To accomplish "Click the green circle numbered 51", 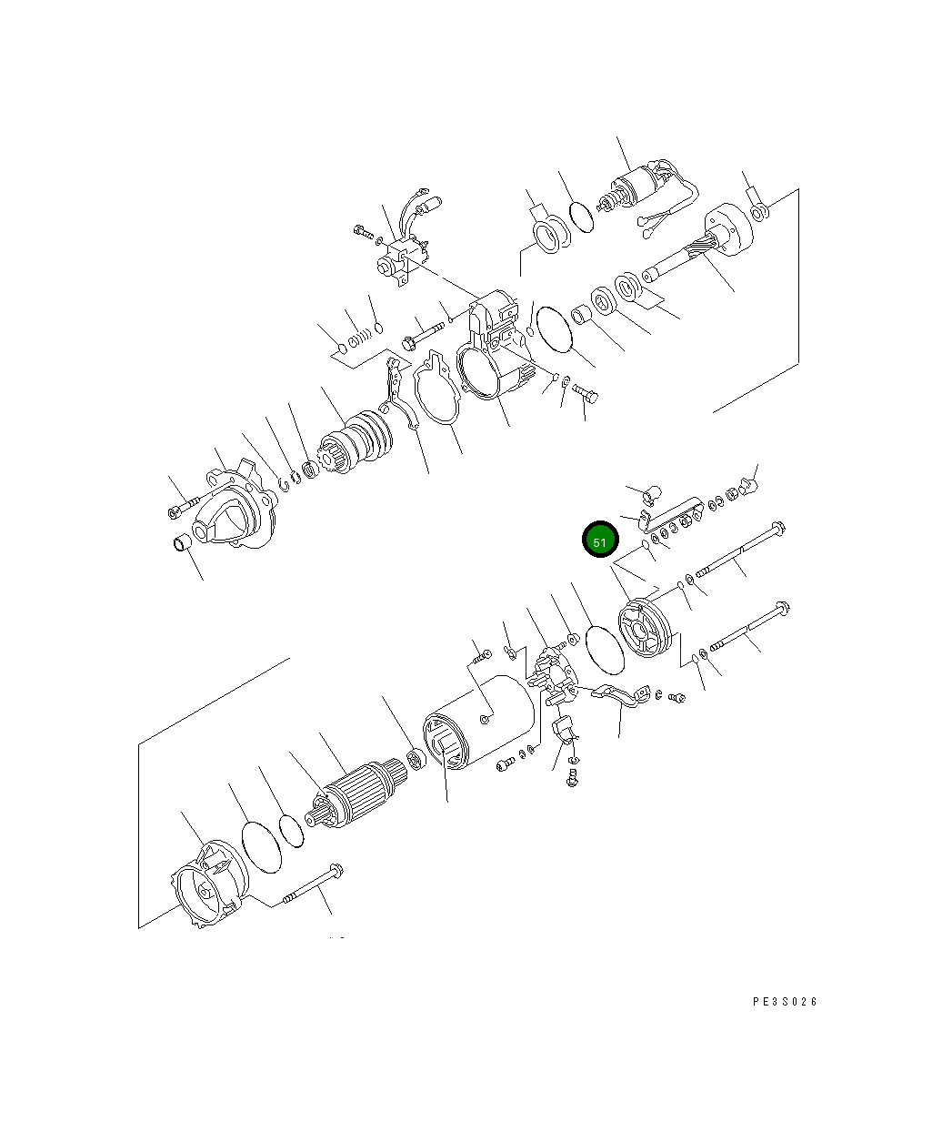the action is [599, 540].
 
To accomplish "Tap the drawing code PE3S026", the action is [784, 1002].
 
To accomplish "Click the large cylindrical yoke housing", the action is [478, 722].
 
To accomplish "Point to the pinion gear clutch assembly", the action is [356, 442].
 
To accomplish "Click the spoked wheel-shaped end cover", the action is [645, 628].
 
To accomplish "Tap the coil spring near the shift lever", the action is [360, 338].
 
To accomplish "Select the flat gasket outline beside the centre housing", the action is [436, 388].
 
